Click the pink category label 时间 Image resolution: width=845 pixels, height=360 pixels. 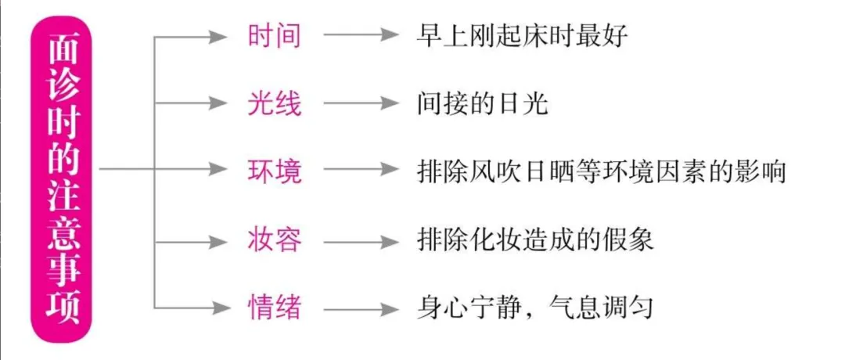coord(275,36)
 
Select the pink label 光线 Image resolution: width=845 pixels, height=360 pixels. coord(275,103)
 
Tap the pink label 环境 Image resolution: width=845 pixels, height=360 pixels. coord(275,171)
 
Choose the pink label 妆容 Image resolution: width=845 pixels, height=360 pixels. coord(275,239)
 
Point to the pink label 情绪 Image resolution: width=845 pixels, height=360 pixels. coord(275,308)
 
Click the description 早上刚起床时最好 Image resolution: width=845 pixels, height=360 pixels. coord(522,36)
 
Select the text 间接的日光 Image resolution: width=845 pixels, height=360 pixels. coord(482,103)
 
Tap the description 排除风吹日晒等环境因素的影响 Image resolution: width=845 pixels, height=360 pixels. coord(602,171)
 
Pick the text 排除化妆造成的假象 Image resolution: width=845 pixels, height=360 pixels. coord(535,239)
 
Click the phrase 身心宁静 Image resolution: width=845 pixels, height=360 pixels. coord(469,308)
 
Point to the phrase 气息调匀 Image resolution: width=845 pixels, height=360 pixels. coord(600,308)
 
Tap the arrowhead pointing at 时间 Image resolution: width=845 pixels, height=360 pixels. coord(218,36)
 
